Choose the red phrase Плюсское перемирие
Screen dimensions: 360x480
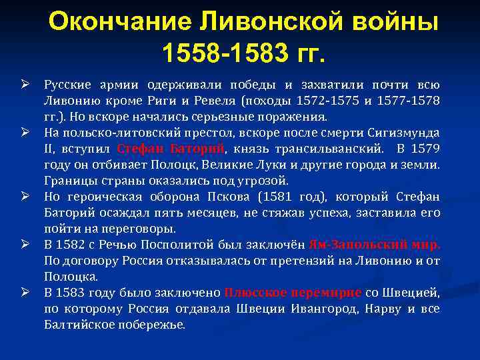pos(293,292)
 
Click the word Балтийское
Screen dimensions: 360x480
pos(79,325)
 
